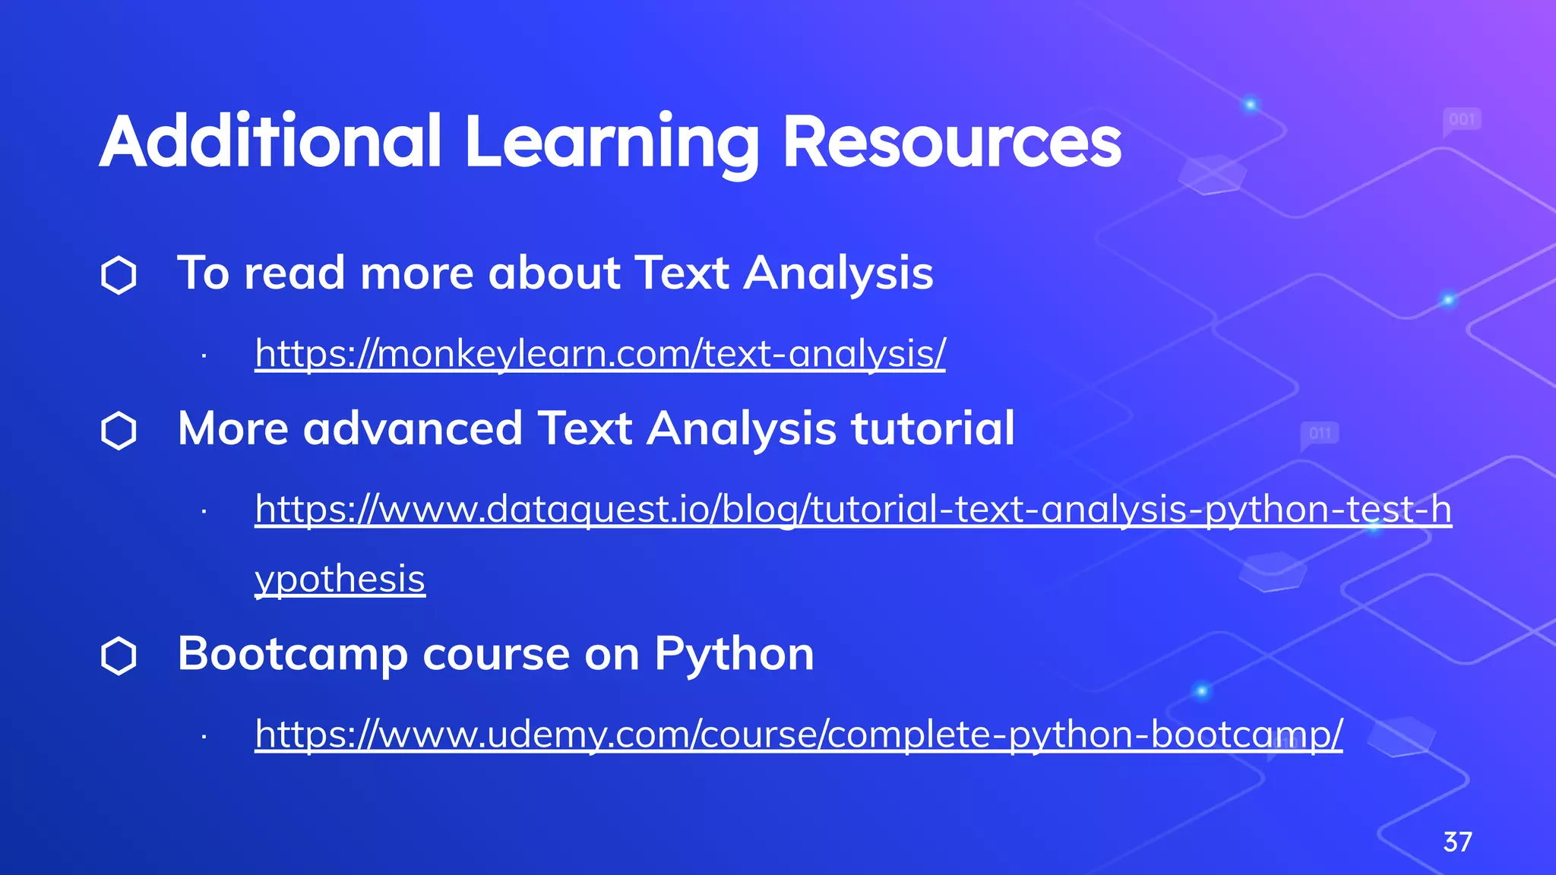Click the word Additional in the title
[270, 142]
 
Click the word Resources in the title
[951, 142]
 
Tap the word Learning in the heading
[611, 142]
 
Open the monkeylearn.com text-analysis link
[599, 354]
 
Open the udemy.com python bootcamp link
[798, 734]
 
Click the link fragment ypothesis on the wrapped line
[340, 580]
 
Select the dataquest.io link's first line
[852, 509]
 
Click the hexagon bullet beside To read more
[119, 275]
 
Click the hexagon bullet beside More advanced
[119, 431]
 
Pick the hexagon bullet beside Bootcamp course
[119, 656]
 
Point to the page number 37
[1457, 842]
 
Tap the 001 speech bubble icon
[1462, 120]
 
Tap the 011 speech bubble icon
[1320, 434]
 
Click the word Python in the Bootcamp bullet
[734, 654]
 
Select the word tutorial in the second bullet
[932, 428]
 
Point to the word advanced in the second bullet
[413, 428]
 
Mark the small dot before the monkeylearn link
[204, 355]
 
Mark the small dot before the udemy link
[204, 736]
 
